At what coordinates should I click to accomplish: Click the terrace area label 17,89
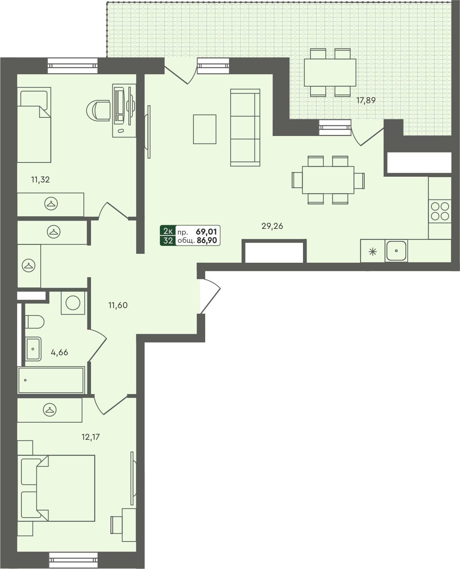(366, 100)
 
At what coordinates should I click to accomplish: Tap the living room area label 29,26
(272, 226)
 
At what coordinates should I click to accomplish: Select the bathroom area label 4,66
(59, 353)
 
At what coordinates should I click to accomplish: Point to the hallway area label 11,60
(118, 305)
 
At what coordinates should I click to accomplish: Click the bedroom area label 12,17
(91, 437)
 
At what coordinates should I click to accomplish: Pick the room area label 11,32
(40, 180)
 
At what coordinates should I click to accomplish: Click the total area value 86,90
(207, 241)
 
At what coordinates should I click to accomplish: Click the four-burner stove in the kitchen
(440, 211)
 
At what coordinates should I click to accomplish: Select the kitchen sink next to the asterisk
(396, 251)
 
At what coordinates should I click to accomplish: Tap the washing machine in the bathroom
(73, 303)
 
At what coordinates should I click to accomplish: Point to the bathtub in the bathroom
(51, 380)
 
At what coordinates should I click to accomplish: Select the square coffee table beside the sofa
(204, 129)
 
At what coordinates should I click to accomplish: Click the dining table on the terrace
(330, 72)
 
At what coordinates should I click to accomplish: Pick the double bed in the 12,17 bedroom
(59, 488)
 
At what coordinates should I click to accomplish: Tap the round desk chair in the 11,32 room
(98, 110)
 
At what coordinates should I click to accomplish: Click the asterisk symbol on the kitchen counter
(373, 252)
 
